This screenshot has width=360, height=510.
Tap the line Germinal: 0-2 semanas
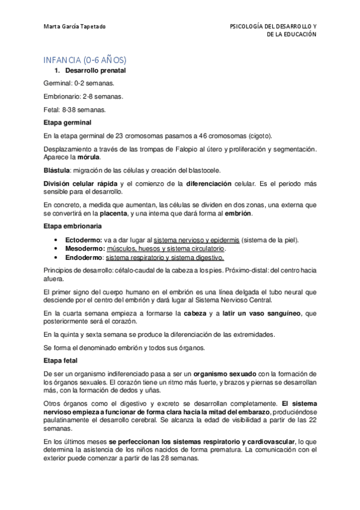pyautogui.click(x=78, y=84)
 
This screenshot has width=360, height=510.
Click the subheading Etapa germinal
pyautogui.click(x=67, y=122)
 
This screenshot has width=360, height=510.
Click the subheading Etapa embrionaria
pyautogui.click(x=72, y=226)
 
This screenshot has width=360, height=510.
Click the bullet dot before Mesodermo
pyautogui.click(x=56, y=248)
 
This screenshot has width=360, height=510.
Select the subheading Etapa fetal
pyautogui.click(x=61, y=361)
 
